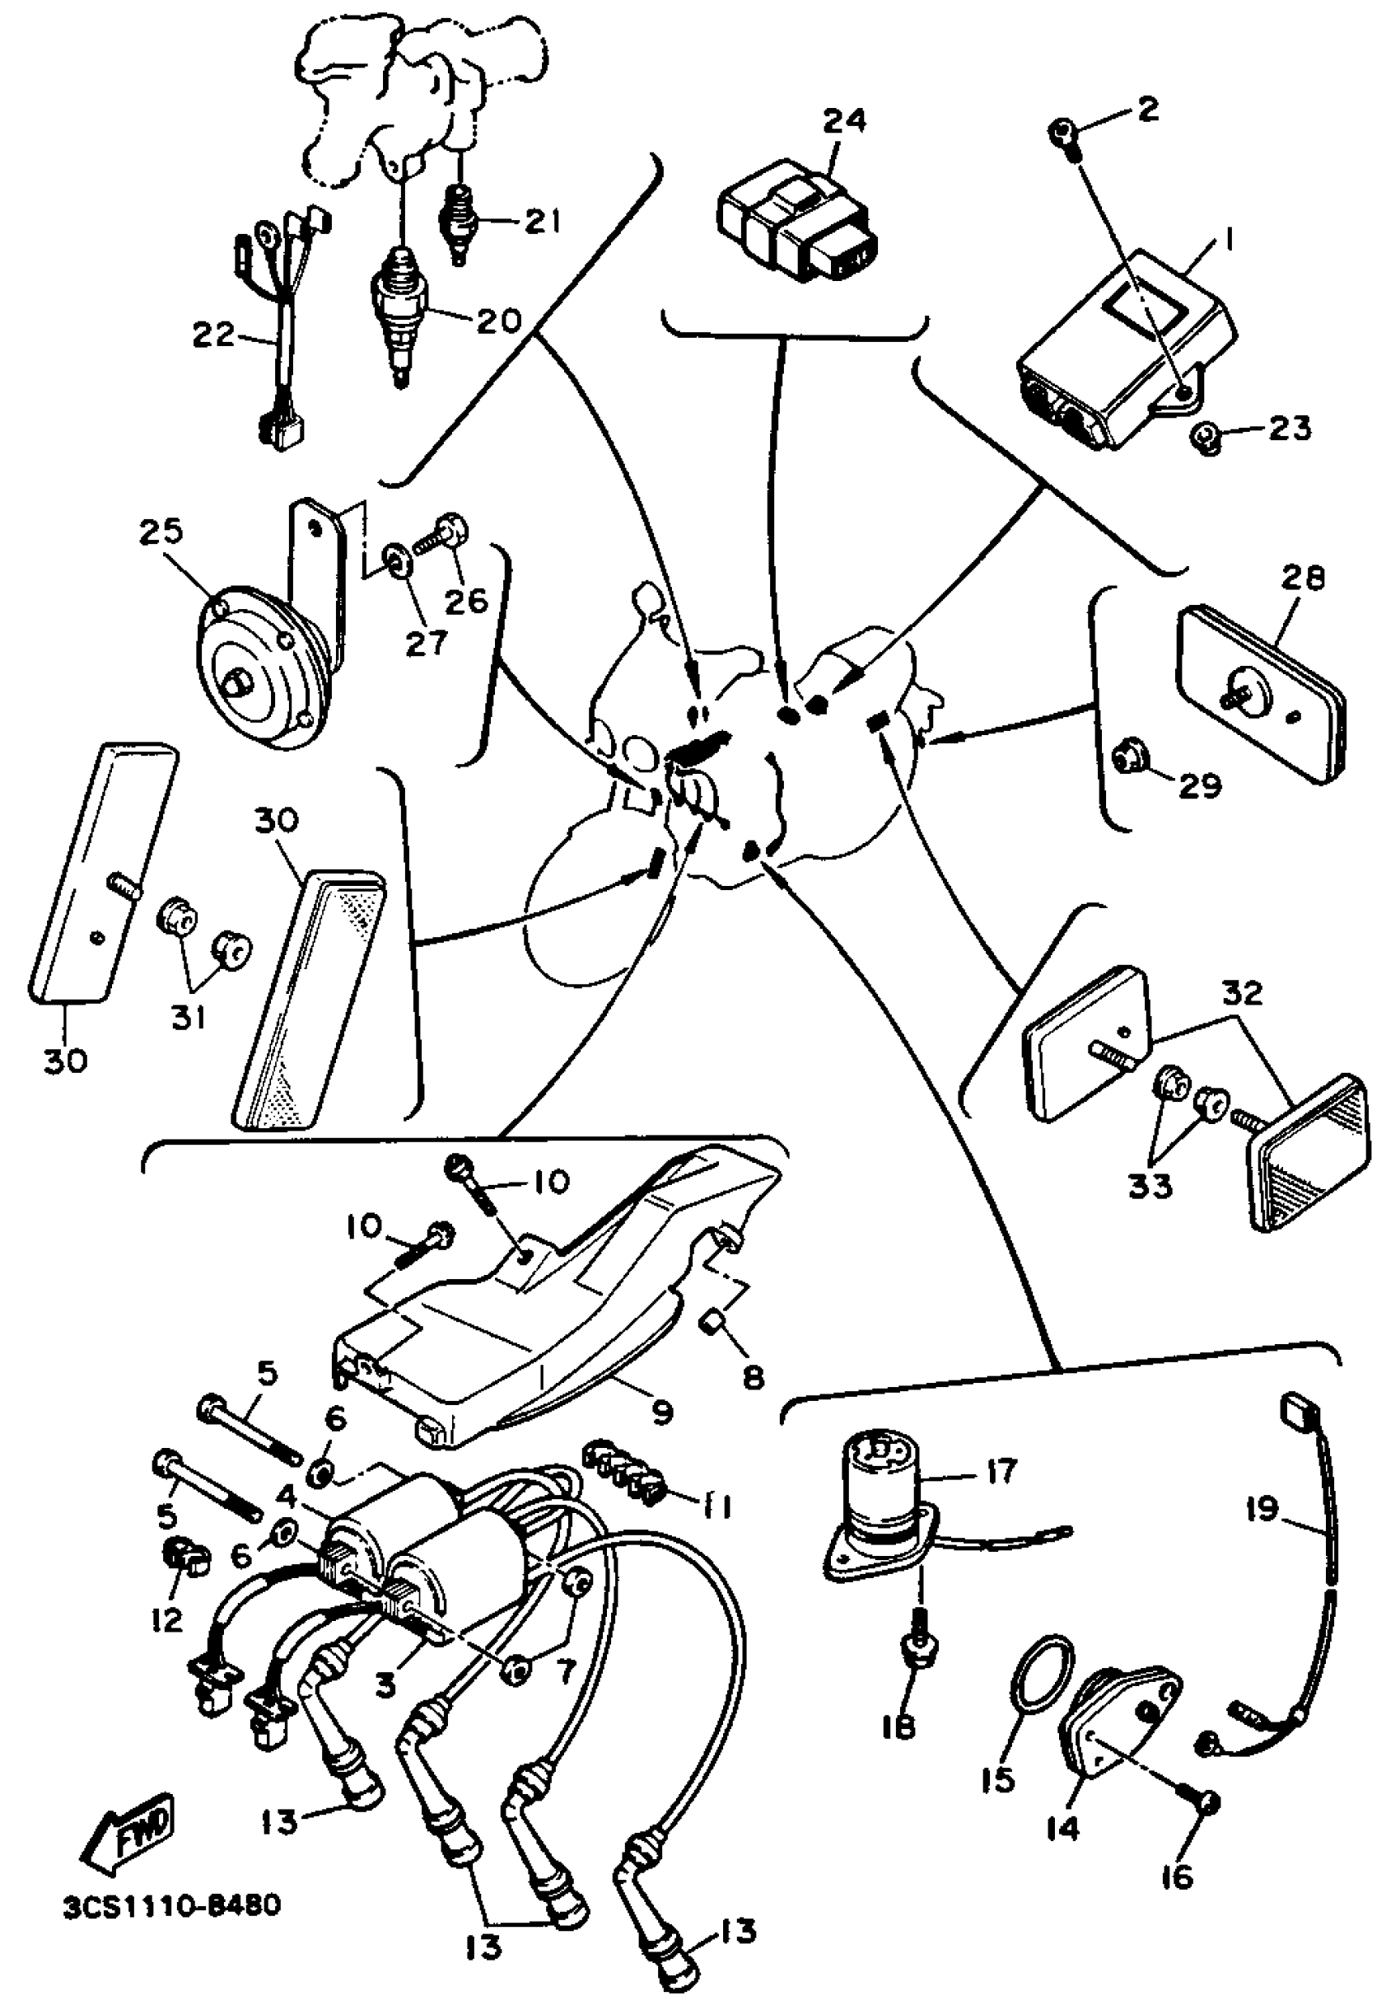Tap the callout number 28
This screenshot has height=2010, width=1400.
(x=1304, y=578)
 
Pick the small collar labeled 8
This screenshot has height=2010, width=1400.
(x=714, y=1340)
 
